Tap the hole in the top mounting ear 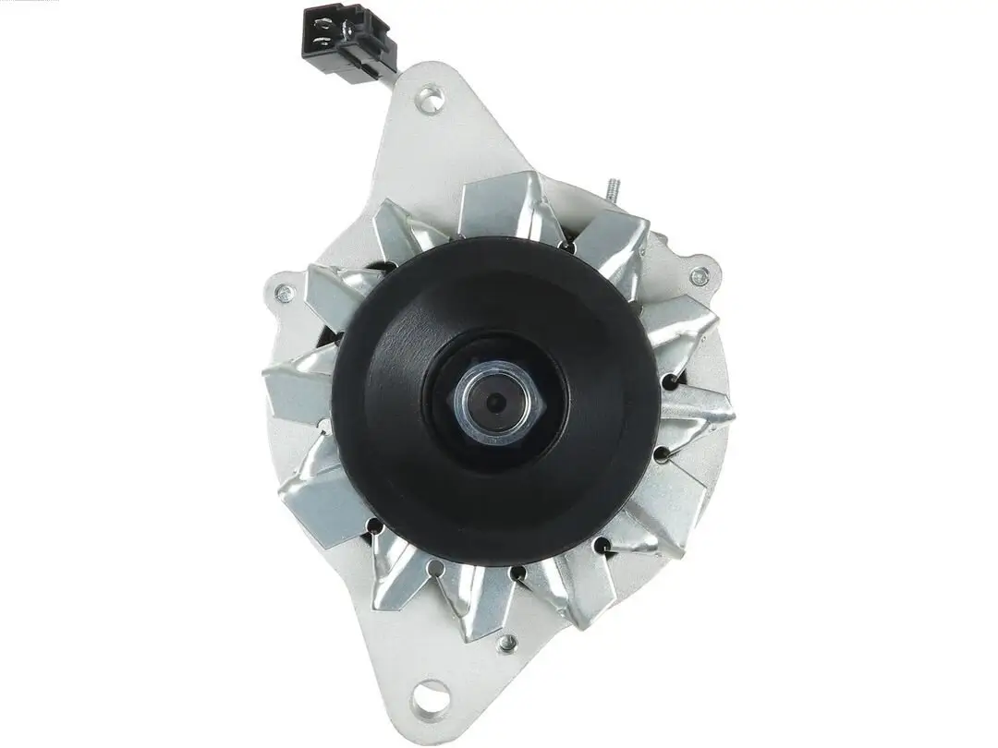point(427,98)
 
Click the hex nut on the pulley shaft point(495,398)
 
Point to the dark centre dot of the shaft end point(496,401)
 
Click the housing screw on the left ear point(285,294)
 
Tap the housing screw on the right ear point(700,275)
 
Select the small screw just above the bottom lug point(505,641)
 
